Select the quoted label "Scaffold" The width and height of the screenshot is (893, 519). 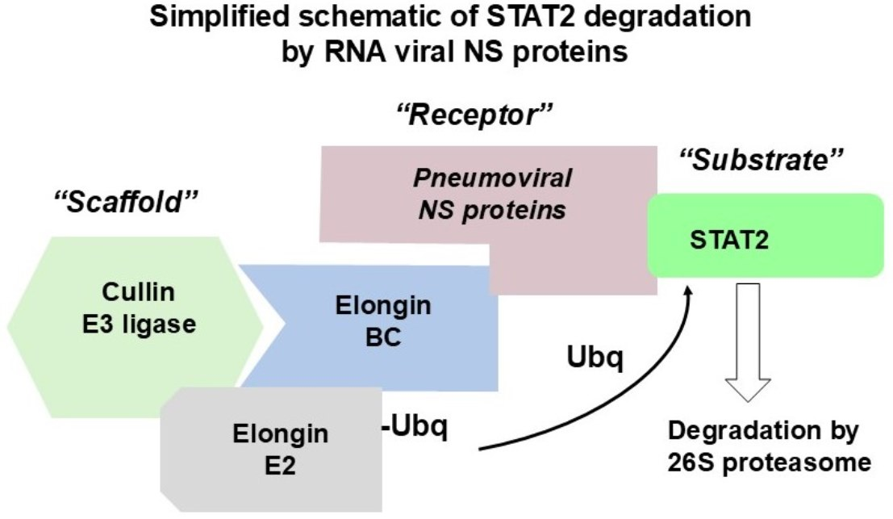pyautogui.click(x=124, y=199)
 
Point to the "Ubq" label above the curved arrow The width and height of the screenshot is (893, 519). pyautogui.click(x=594, y=356)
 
